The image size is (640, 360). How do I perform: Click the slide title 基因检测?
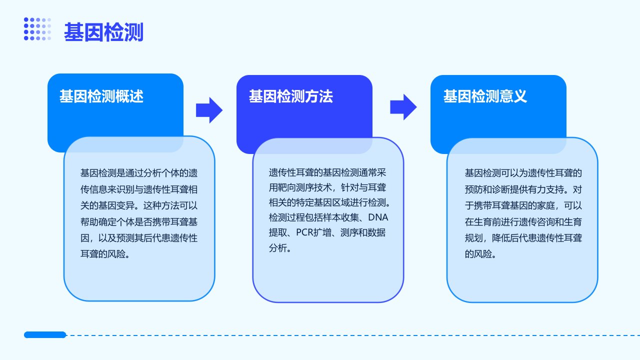(x=103, y=32)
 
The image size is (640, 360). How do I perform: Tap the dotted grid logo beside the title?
(x=37, y=29)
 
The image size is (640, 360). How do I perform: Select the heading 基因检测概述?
(x=101, y=96)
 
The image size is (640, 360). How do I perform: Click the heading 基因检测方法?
(x=290, y=96)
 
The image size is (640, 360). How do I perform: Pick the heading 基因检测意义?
(x=485, y=96)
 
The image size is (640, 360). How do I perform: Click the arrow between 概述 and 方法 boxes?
(x=209, y=110)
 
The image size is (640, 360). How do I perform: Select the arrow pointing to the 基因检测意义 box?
(x=403, y=107)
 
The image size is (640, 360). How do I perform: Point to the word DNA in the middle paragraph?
(x=378, y=217)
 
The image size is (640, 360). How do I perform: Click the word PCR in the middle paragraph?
(x=305, y=232)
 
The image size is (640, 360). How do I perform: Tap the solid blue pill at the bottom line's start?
(x=45, y=334)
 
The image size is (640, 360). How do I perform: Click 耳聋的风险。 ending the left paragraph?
(x=105, y=254)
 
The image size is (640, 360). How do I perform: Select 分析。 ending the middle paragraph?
(x=280, y=247)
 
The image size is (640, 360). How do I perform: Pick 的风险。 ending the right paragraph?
(x=480, y=254)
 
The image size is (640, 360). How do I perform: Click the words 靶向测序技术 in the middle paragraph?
(x=304, y=187)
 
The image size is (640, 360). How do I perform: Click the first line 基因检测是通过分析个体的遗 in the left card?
(x=139, y=173)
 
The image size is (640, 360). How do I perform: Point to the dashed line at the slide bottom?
(x=353, y=335)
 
